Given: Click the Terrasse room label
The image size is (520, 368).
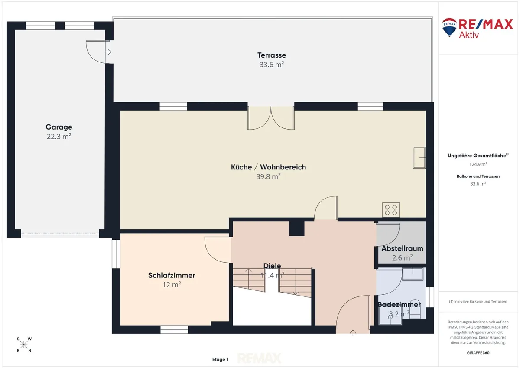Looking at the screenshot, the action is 271,55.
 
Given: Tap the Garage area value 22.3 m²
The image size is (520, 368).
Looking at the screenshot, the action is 59,136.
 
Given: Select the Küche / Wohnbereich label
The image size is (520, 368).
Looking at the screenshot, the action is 268,167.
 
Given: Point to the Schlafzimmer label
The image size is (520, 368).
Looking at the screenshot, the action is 172,275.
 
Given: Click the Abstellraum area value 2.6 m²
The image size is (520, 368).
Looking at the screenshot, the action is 402,258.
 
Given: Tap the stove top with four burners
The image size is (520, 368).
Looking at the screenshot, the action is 391,210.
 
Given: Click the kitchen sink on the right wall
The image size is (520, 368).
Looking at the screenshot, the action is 419,157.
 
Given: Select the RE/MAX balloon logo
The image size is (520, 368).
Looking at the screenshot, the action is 449,27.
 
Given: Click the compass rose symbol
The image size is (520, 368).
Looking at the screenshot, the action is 24,345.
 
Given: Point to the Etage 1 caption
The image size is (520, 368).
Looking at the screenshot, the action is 220,359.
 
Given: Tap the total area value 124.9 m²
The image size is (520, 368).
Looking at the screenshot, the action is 478,164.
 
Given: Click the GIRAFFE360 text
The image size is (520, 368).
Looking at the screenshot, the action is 478,353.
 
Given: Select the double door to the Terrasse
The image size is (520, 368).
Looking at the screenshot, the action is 271,118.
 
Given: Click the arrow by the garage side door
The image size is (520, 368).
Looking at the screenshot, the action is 108,52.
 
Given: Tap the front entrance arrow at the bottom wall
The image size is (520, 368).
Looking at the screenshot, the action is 353,333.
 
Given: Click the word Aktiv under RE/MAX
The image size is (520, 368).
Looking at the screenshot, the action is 469,35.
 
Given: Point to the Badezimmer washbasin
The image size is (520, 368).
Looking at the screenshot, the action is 413,274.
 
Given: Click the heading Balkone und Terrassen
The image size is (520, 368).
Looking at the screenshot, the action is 478,176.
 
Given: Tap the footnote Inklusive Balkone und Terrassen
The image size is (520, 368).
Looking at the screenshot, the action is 478,301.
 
